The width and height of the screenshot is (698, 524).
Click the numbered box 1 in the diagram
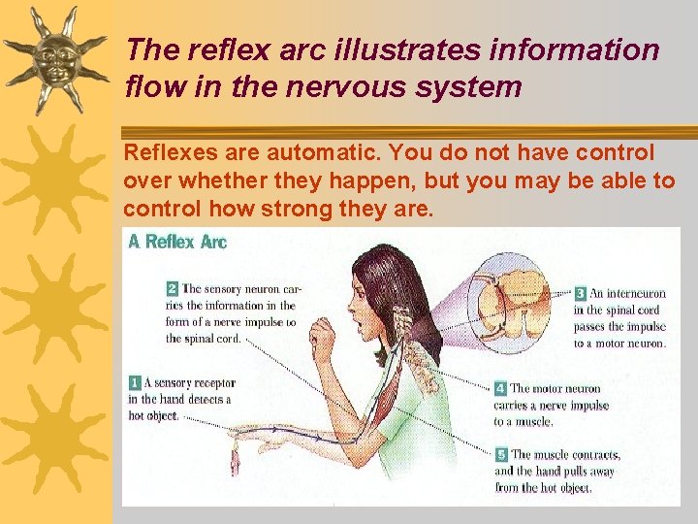135,383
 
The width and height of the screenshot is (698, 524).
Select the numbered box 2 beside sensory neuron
172,288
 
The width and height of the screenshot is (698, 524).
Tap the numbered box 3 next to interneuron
580,293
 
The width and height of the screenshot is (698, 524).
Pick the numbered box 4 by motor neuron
501,388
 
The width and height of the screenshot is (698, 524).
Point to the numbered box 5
501,454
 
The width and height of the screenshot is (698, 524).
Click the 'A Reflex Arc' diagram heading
178,241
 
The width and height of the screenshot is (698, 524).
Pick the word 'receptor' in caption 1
213,383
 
